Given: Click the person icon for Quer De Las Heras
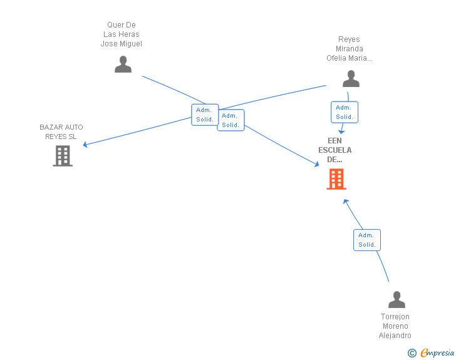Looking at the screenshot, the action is [123, 64].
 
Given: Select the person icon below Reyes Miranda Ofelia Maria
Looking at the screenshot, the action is [351, 78].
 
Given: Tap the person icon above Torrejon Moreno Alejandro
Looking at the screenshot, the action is [396, 299].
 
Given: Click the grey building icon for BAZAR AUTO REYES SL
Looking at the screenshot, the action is [63, 156].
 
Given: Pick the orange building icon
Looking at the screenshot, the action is [336, 179].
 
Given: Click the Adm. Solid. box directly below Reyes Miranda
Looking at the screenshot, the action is [345, 112].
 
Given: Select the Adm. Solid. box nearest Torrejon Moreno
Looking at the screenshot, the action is [367, 240].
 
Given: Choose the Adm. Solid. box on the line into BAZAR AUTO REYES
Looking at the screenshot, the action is [205, 115].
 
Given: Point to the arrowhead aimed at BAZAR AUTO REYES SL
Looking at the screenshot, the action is [85, 145].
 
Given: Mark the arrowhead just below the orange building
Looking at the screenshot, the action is [346, 202].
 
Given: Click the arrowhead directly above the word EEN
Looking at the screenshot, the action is [341, 131].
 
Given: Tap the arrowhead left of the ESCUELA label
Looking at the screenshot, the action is [317, 164].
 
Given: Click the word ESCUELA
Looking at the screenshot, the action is [334, 150].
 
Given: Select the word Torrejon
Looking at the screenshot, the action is [395, 316].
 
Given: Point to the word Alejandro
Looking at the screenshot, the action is [395, 336].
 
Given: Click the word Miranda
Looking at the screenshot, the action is [350, 49].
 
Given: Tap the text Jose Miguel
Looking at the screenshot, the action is [122, 44].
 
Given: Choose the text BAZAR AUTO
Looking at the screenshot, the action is [61, 127].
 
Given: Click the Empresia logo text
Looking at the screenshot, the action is [437, 352].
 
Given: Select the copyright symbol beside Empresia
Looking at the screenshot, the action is [412, 353].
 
